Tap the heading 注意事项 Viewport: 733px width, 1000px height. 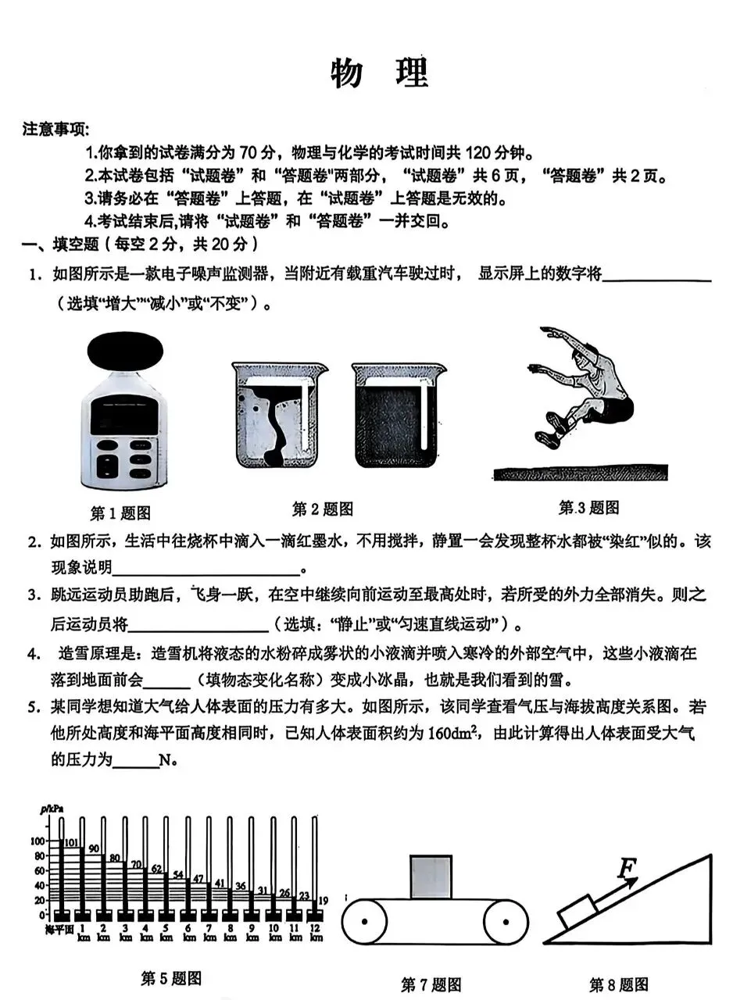55,129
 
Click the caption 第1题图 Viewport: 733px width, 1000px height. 120,513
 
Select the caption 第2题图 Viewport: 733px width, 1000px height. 322,509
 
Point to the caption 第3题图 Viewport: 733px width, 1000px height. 588,508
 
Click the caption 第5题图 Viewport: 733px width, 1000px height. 171,977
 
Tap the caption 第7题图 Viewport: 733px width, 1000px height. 431,984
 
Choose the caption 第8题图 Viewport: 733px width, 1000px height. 618,984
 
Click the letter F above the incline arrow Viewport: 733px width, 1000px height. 626,869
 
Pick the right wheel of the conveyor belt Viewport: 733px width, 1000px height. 504,923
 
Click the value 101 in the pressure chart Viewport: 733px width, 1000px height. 71,842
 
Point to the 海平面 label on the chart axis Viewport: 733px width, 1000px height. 58,929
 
